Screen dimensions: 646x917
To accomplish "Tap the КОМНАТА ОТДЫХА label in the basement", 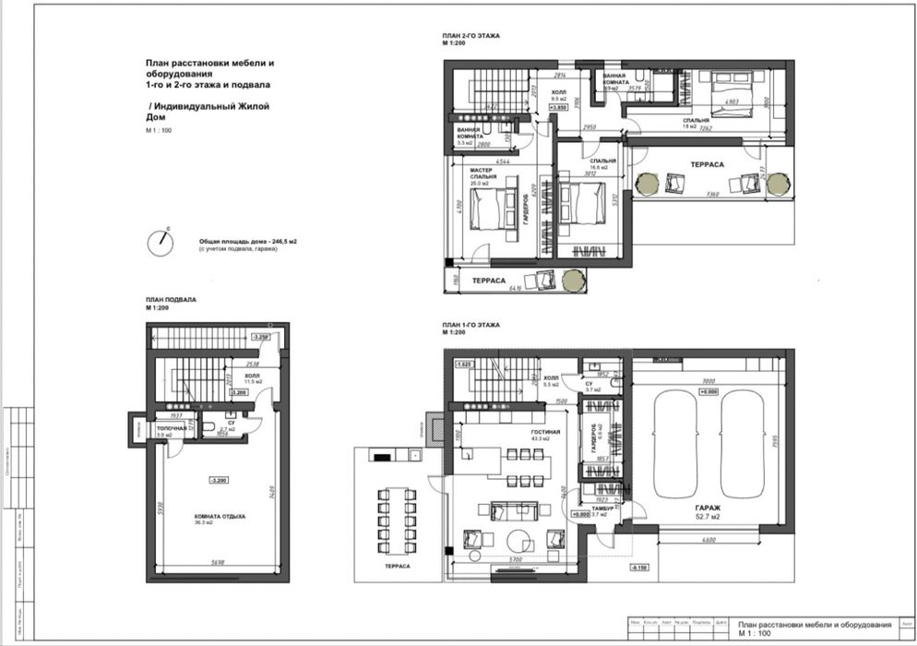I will click(x=219, y=517).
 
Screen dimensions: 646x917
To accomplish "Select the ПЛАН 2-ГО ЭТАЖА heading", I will click(x=470, y=35).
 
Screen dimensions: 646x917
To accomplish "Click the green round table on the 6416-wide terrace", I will click(x=573, y=278).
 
